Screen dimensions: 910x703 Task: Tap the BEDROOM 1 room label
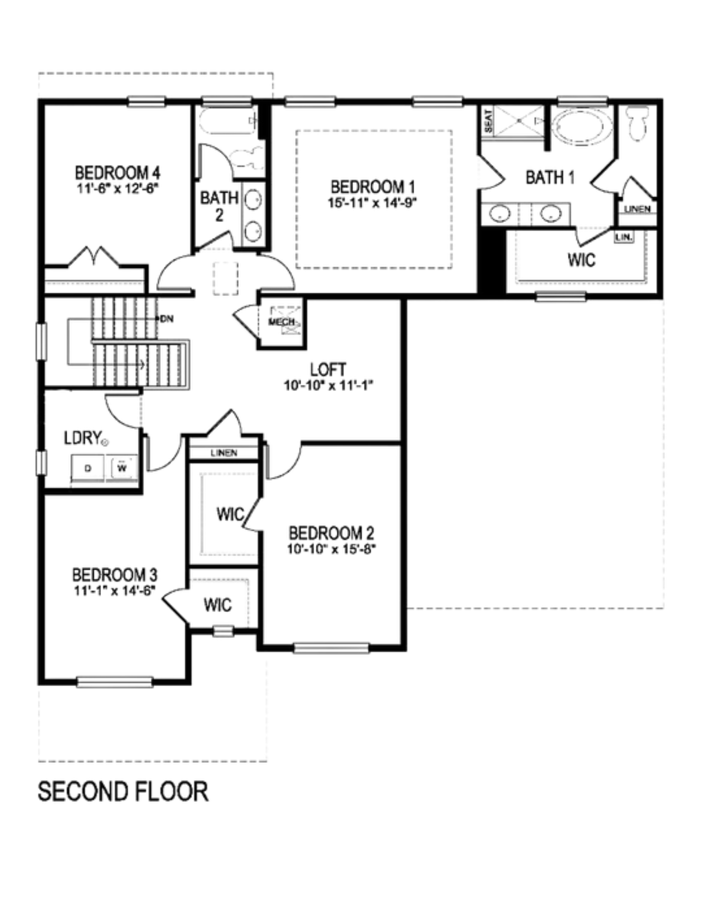click(x=373, y=187)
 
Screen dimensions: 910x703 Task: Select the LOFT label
click(x=328, y=369)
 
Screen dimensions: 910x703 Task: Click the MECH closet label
click(x=282, y=322)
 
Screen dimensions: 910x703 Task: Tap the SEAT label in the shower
click(x=489, y=121)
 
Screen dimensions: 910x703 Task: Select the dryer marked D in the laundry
click(x=88, y=468)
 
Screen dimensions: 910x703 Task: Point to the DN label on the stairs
click(x=167, y=318)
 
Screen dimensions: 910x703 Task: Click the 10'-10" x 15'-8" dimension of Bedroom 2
click(x=331, y=549)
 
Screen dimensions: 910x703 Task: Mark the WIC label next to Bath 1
click(x=581, y=260)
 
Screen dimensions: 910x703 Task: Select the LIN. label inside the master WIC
click(x=624, y=238)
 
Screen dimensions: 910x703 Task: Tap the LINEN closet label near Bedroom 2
click(x=223, y=453)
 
